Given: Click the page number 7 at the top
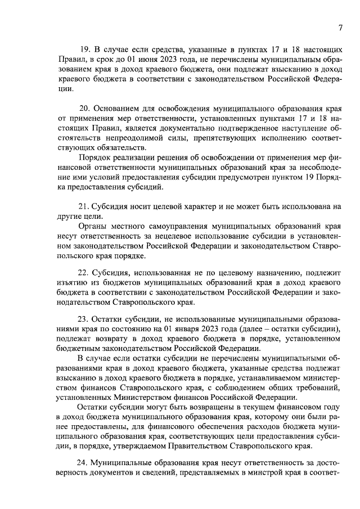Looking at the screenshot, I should (x=341, y=28).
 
